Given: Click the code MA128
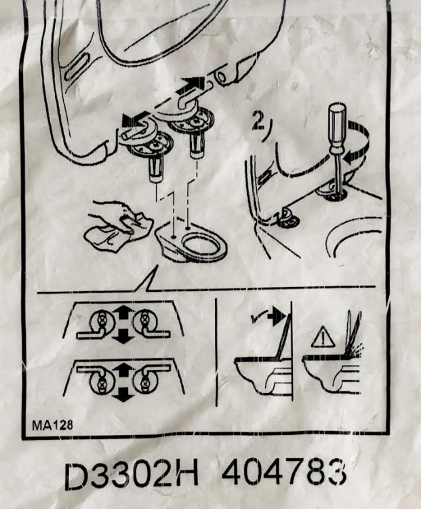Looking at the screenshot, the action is pyautogui.click(x=53, y=425).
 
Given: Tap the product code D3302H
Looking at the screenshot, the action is pyautogui.click(x=132, y=476).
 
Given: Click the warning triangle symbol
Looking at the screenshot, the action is pyautogui.click(x=323, y=337).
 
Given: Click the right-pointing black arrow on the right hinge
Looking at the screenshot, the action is pyautogui.click(x=194, y=83).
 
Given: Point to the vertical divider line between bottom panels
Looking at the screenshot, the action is pyautogui.click(x=216, y=352).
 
